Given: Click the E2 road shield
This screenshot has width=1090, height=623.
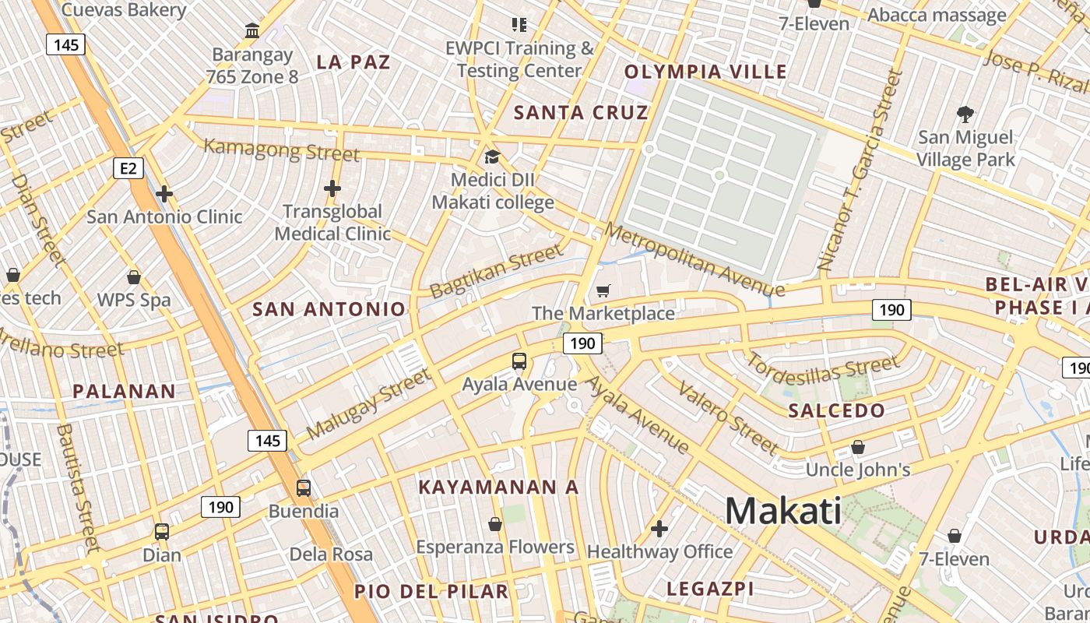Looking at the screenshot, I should pos(128,168).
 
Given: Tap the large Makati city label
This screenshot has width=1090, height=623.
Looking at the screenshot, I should pos(782,511).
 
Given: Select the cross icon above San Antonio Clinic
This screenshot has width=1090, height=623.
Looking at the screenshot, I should pos(163,194).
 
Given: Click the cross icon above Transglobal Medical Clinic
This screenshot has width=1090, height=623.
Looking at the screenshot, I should pos(332,188).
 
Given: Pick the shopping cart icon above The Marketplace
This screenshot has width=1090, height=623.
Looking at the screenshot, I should pos(603,291).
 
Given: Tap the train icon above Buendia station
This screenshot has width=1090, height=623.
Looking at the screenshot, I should pos(303,488).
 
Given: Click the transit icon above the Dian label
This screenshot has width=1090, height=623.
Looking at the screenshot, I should pos(162,532).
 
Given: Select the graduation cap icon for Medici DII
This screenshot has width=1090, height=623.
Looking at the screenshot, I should pos(492,157).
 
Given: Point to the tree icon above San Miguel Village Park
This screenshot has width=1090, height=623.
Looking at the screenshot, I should pos(965,114).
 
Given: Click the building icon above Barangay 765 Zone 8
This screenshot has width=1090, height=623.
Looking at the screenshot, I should pos(252,31).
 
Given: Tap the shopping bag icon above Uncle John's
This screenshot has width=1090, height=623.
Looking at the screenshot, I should pos(857,447).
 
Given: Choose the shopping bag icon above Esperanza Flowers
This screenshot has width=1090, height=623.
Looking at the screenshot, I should pos(494,524).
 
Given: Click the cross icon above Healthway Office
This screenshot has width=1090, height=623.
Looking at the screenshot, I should pos(659,530).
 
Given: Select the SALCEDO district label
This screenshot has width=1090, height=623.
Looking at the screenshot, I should pos(836,410).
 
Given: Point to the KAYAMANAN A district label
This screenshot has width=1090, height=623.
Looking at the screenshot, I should pos(498,487).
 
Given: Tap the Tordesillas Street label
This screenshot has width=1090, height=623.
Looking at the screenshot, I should pos(823,367).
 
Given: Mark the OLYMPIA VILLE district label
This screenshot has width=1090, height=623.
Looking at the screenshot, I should pos(705,72).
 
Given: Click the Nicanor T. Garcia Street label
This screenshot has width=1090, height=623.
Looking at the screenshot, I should pos(863,171).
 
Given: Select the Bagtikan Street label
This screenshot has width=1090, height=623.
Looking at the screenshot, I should pos(495,271).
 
